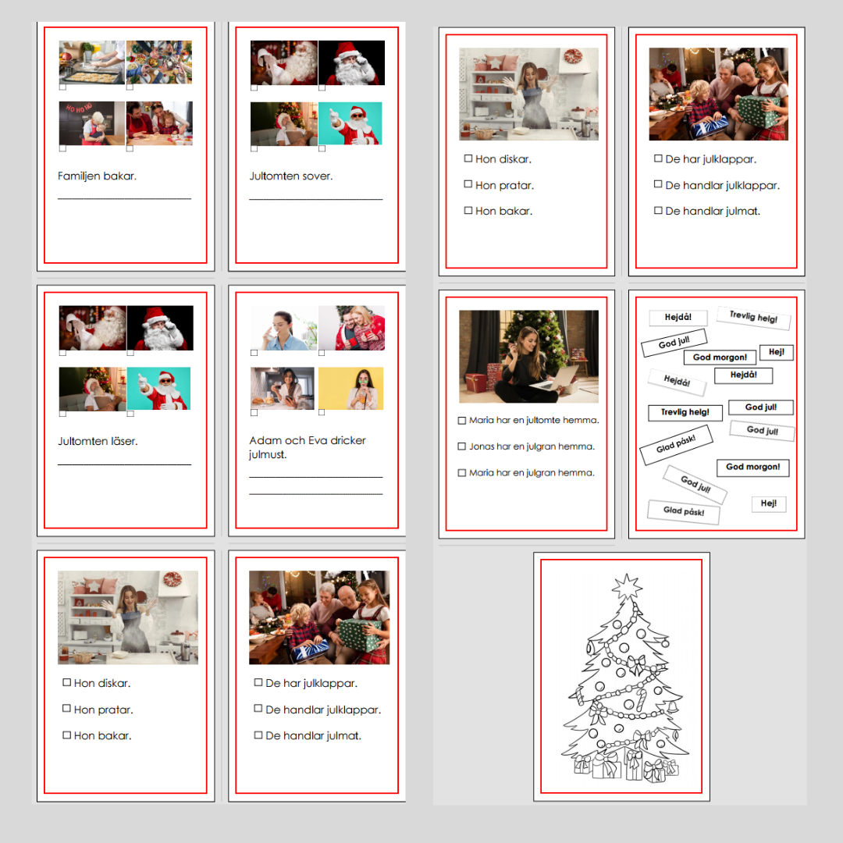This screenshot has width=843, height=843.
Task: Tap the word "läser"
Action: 124,441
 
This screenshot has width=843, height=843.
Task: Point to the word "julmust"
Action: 267,455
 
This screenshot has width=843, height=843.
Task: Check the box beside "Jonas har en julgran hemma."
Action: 461,446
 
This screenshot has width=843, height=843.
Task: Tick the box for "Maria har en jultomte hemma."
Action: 461,421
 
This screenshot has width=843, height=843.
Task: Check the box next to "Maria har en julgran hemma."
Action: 461,472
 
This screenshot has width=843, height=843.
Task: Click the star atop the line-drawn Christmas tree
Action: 627,586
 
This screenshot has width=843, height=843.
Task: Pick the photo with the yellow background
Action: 350,388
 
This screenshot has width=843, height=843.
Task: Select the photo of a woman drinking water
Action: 284,328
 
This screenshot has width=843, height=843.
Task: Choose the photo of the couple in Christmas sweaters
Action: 351,328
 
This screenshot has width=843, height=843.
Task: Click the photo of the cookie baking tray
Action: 91,62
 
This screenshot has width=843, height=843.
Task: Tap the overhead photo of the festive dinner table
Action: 159,62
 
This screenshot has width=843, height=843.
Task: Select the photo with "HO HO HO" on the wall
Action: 92,123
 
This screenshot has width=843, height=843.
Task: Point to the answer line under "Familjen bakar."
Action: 124,199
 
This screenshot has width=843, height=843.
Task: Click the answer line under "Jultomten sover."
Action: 315,199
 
